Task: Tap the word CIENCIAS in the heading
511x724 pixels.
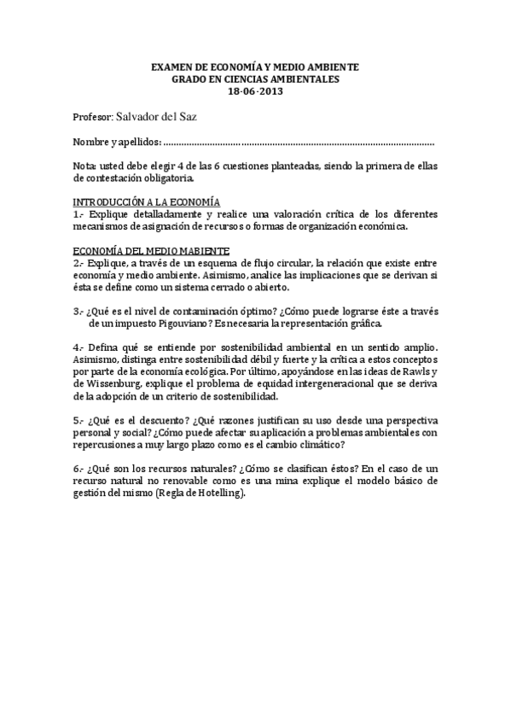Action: (x=251, y=79)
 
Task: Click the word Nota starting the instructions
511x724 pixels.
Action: (x=84, y=166)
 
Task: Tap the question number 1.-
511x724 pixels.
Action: (x=78, y=214)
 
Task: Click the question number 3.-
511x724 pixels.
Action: (x=78, y=312)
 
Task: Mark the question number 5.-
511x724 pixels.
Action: (x=78, y=421)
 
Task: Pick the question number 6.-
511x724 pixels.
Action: (x=78, y=470)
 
